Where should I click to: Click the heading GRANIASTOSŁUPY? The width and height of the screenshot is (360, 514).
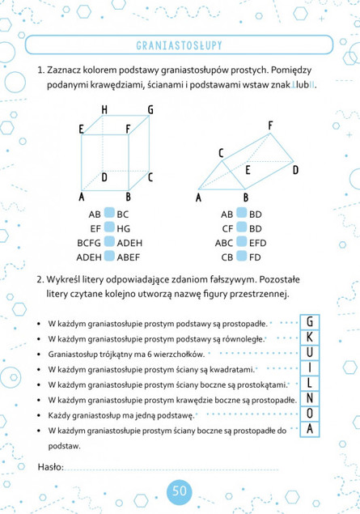(179, 43)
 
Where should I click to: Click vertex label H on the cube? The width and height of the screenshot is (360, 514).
(105, 110)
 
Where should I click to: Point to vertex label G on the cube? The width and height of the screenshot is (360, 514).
(150, 110)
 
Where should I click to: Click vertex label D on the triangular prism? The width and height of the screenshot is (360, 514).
(295, 170)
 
